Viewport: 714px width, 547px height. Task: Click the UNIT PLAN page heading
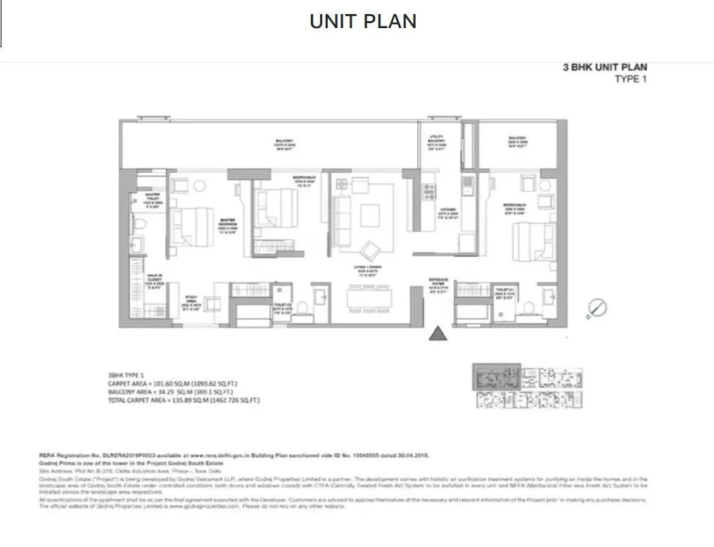tap(363, 21)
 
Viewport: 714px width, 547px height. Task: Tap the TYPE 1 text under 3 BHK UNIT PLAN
tap(630, 79)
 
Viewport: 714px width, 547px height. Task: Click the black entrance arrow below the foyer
tap(438, 333)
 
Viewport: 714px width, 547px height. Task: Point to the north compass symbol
tap(597, 307)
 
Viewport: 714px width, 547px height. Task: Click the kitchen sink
tap(466, 186)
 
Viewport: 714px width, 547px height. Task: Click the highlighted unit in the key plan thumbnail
tap(495, 375)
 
